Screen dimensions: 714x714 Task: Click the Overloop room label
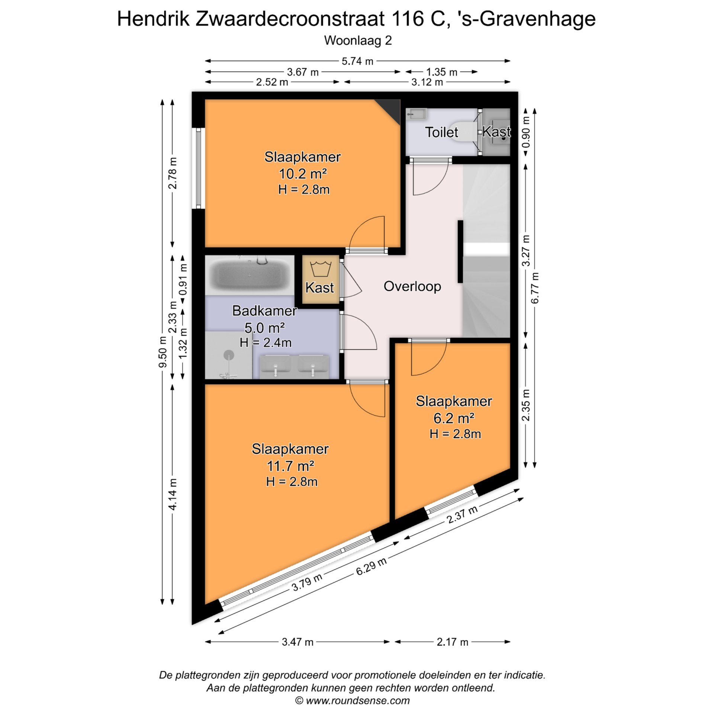(x=412, y=286)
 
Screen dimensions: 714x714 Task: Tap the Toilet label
(x=441, y=132)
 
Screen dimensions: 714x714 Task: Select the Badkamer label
(x=264, y=311)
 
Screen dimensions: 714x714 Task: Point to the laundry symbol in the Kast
(x=320, y=269)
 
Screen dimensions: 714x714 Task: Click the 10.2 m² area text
(x=303, y=174)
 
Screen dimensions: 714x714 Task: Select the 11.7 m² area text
(x=290, y=466)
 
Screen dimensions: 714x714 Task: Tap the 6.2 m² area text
(x=454, y=418)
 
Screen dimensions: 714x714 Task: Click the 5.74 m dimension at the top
(x=357, y=61)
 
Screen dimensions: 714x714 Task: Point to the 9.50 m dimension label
(x=163, y=352)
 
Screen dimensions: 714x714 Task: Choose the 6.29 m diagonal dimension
(x=371, y=566)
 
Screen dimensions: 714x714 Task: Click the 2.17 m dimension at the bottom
(x=452, y=642)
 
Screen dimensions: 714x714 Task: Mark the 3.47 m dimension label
(x=297, y=642)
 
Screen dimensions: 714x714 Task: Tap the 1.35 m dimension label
(x=441, y=72)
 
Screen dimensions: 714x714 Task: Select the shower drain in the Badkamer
(x=229, y=356)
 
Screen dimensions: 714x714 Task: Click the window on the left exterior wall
(x=199, y=168)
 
